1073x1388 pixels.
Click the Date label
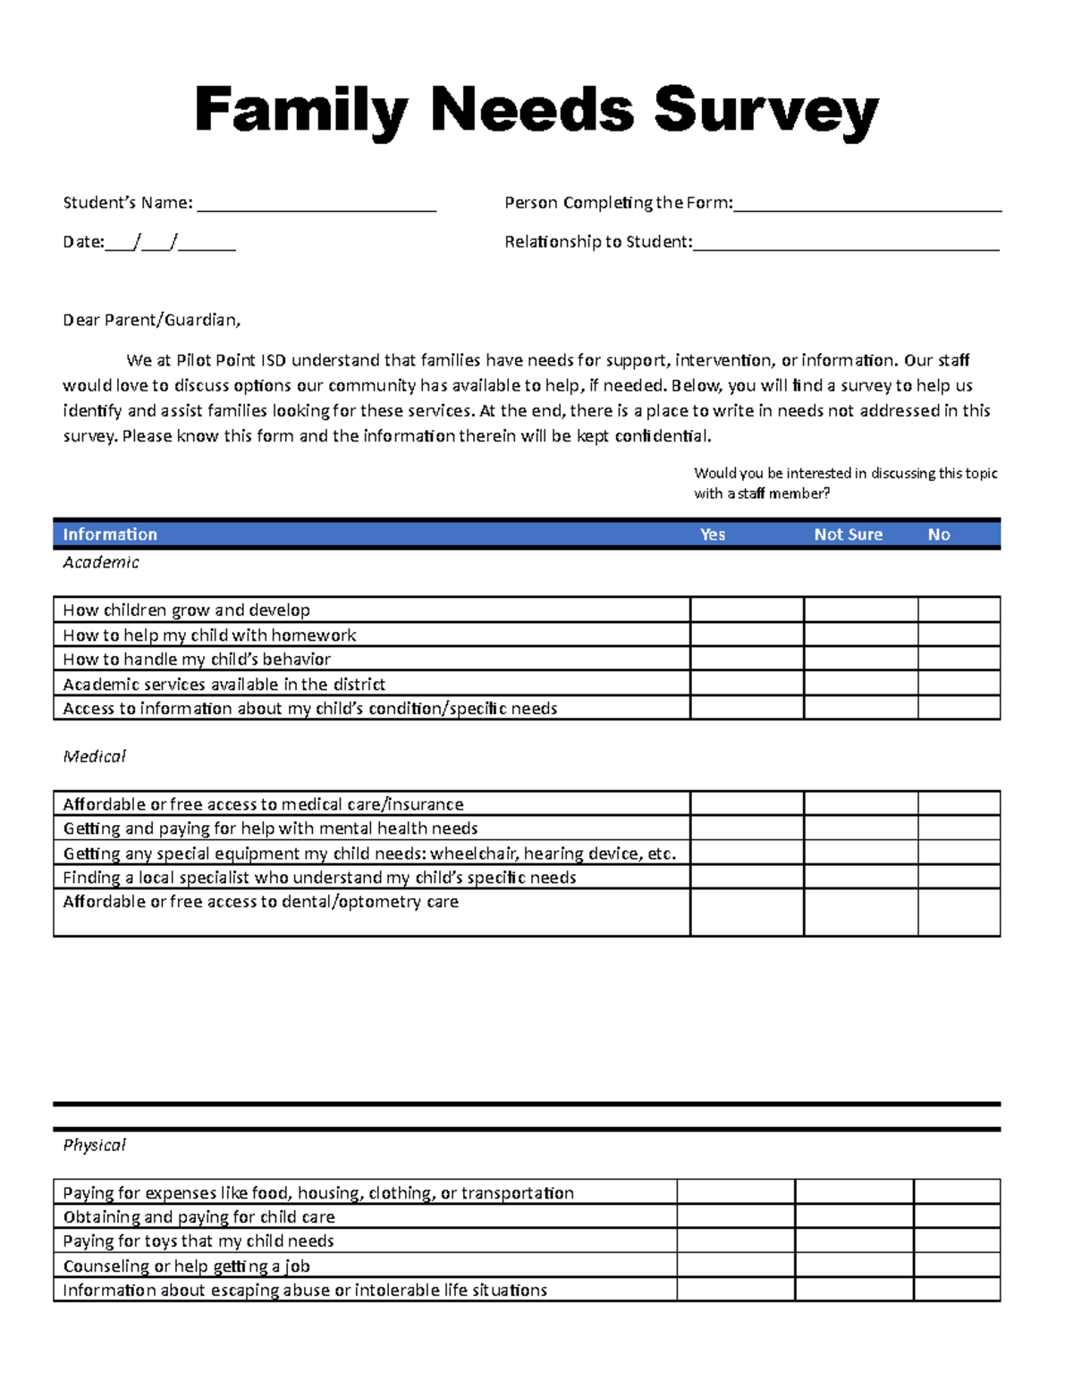(x=83, y=242)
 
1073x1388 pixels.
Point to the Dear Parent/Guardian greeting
(x=151, y=320)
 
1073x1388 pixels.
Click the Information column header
(x=110, y=534)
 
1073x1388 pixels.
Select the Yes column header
(x=713, y=534)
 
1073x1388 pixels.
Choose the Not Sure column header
(x=848, y=534)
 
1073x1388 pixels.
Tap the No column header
(x=938, y=534)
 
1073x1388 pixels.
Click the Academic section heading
(x=100, y=562)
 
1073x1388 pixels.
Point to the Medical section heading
(x=94, y=756)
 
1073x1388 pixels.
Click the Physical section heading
(x=94, y=1145)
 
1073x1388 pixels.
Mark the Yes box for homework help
(x=747, y=635)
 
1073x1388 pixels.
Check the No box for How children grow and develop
(x=959, y=610)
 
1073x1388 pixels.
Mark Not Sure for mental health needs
(x=860, y=828)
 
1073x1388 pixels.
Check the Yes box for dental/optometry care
(x=747, y=913)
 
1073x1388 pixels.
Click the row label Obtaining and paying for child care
(x=199, y=1216)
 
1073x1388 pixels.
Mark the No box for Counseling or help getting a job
(x=956, y=1265)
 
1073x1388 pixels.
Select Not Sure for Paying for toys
(x=854, y=1241)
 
